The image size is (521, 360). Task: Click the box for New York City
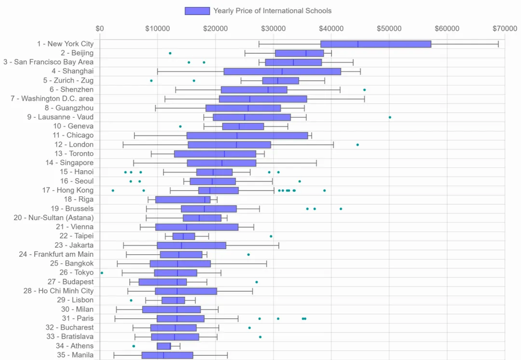tap(376, 44)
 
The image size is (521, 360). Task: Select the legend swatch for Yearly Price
tap(197, 11)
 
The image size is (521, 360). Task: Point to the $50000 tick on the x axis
tap(389, 28)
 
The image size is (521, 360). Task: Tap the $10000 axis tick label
tap(158, 28)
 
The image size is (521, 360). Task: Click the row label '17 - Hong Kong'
tap(68, 190)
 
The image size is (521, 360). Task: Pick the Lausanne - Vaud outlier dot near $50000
tap(390, 117)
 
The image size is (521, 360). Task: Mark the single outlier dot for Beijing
tap(170, 53)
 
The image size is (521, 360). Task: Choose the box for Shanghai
tap(282, 71)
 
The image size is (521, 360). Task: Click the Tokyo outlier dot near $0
tap(102, 272)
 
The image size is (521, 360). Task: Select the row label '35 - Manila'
tap(76, 355)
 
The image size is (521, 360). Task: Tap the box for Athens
tap(164, 346)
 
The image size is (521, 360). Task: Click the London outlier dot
tap(357, 144)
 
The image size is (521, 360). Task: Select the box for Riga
tap(182, 200)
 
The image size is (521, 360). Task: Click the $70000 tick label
tap(504, 28)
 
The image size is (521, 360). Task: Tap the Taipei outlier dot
tap(271, 236)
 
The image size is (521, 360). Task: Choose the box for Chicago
tap(247, 135)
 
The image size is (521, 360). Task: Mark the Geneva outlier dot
tap(180, 126)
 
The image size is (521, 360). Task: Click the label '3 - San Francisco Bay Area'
tap(48, 62)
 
